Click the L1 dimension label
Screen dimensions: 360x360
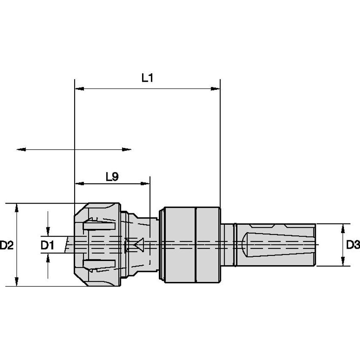point(147,78)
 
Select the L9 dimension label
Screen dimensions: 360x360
point(111,177)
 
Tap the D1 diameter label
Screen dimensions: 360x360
point(48,244)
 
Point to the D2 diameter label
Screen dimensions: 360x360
point(7,244)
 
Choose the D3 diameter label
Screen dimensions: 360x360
point(353,244)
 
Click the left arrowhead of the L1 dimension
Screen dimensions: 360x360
point(78,89)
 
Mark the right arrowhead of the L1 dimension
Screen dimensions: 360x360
point(216,89)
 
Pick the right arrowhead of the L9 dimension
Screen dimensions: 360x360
point(146,184)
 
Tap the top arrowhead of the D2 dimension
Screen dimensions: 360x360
point(17,207)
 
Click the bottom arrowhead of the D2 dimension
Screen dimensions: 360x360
point(17,282)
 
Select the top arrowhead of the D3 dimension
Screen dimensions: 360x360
point(341,228)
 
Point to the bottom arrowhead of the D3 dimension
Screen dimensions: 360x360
point(341,262)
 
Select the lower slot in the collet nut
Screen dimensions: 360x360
point(99,264)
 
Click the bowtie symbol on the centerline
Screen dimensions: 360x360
point(135,244)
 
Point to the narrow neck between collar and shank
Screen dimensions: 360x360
point(228,244)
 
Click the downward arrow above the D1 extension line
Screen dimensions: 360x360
point(48,231)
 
